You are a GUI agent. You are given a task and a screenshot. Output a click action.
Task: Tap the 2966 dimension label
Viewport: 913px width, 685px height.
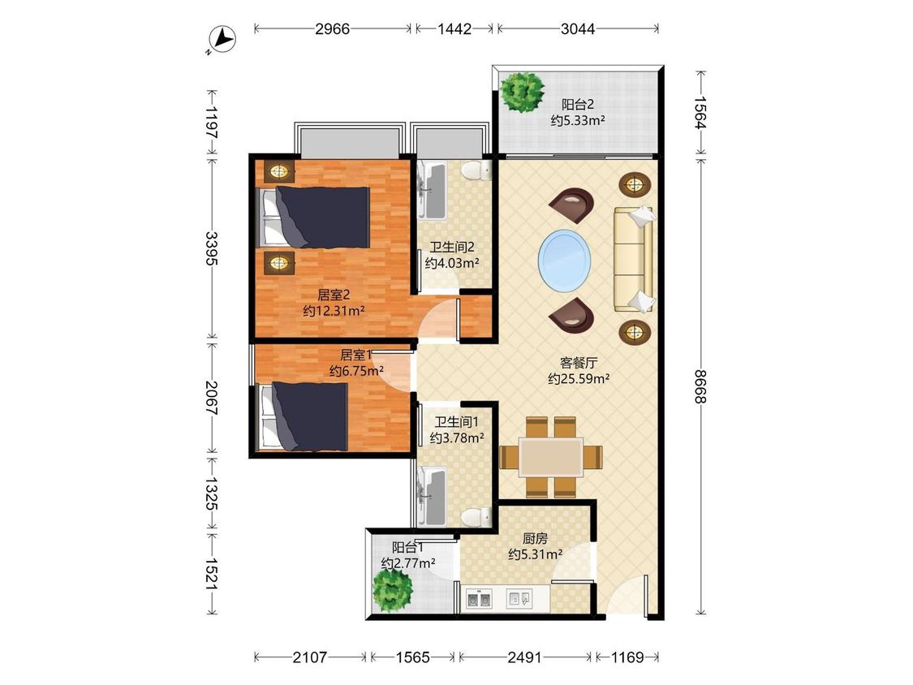pos(333,28)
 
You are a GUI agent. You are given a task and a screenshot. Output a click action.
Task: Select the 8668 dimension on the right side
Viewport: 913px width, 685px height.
pos(700,386)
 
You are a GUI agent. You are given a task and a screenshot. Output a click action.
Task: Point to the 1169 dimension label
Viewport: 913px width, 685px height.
pos(627,657)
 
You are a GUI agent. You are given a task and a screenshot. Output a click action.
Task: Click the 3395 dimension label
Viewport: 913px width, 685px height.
pos(211,248)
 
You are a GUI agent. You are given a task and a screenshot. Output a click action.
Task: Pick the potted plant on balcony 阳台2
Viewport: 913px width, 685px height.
pos(522,92)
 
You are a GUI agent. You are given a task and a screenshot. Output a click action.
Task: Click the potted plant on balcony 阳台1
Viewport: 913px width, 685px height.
pos(393,590)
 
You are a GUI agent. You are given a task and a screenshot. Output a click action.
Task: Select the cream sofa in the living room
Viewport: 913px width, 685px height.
pos(634,258)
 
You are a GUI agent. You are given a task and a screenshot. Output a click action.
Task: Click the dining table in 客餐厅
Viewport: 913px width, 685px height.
pos(551,457)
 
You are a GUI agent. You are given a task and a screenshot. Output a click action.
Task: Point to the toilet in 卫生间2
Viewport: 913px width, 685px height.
pos(476,170)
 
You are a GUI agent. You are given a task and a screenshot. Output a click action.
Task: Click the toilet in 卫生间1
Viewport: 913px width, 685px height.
pos(476,517)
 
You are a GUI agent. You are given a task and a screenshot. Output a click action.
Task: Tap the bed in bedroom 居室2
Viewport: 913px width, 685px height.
pos(314,218)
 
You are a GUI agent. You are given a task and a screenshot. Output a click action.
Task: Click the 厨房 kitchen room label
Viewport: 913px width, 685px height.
pos(535,539)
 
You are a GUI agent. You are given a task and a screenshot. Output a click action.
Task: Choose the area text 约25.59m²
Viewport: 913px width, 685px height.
pos(579,379)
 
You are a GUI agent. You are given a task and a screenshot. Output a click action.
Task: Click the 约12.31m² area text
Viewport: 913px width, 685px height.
pos(334,311)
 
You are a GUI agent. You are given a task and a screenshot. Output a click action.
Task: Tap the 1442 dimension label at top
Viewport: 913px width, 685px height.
pos(454,28)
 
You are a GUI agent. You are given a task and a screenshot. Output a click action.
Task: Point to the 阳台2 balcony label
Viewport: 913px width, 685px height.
pos(578,105)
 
